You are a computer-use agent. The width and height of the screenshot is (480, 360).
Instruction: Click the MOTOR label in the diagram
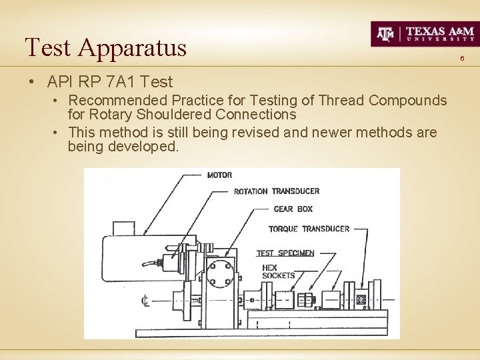[x=219, y=175]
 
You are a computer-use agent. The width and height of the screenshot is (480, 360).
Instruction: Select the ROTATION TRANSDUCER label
[x=276, y=191]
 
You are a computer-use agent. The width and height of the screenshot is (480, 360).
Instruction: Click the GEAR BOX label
[x=293, y=209]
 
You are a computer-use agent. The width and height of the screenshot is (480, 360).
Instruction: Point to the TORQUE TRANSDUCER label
[x=309, y=229]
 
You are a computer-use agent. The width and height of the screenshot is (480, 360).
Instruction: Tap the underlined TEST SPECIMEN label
[x=285, y=253]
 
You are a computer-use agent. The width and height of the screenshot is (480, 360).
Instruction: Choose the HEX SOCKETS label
[x=278, y=271]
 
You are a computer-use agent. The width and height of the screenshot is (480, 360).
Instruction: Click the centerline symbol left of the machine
[x=145, y=301]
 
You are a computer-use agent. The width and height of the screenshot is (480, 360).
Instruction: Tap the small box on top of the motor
[x=124, y=228]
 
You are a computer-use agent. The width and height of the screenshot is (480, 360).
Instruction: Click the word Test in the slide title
[x=48, y=48]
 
